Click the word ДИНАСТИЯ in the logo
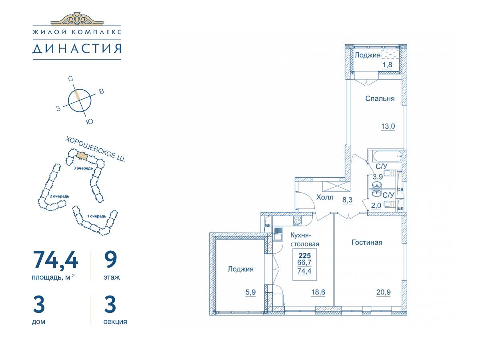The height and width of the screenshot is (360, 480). (x=77, y=48)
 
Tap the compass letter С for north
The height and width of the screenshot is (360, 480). (x=71, y=79)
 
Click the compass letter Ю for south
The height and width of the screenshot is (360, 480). (x=90, y=122)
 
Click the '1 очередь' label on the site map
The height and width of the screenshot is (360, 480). (x=97, y=216)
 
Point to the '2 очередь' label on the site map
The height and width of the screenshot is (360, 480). (x=60, y=196)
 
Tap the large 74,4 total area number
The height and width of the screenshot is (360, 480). (x=55, y=260)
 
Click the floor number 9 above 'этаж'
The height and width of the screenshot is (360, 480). (x=111, y=260)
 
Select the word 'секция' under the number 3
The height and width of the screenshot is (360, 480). (x=115, y=322)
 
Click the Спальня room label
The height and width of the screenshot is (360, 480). (x=380, y=98)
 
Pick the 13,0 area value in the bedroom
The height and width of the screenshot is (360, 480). (x=388, y=126)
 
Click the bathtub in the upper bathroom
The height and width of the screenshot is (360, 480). (x=388, y=156)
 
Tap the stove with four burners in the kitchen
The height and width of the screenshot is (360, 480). (x=298, y=220)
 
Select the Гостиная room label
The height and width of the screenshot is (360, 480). (x=367, y=242)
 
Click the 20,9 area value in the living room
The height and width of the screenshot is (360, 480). (x=384, y=292)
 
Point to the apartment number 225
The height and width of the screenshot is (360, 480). (x=305, y=256)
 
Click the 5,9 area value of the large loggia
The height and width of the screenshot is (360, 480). (x=251, y=292)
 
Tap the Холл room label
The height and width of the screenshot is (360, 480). (x=325, y=197)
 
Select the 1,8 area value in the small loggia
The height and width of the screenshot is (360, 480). (x=387, y=65)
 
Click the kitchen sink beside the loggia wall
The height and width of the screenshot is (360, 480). (x=278, y=234)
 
